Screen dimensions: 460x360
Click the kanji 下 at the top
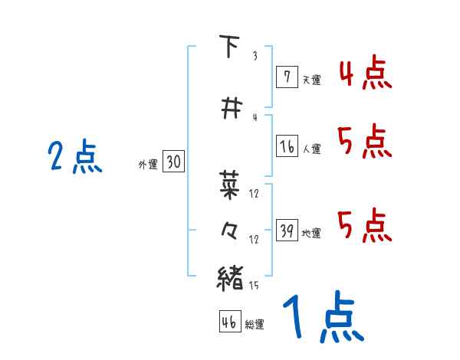coord(228,47)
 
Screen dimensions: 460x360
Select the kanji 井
coord(228,108)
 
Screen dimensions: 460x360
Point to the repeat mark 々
coord(229,231)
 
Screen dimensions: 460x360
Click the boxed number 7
coord(287,77)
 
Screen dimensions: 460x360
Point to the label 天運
coord(311,79)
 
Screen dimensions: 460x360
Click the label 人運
coord(312,149)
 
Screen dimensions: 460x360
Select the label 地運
coord(311,233)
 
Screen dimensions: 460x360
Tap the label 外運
coord(147,164)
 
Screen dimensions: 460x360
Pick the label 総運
coord(254,324)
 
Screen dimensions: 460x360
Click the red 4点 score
coord(364,74)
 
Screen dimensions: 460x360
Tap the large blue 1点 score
coord(321,318)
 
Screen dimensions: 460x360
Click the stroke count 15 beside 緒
coord(253,286)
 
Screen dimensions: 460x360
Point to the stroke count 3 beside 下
coord(254,56)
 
